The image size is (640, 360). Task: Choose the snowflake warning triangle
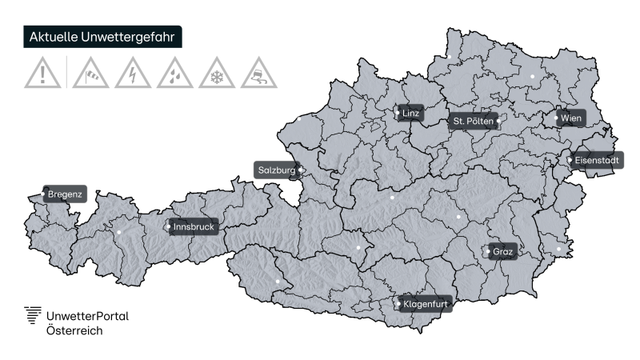[215, 74]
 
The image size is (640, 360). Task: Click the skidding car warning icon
[259, 74]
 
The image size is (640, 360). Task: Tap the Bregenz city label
[64, 194]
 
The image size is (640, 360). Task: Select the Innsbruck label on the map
[193, 227]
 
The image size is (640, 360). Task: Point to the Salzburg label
[277, 170]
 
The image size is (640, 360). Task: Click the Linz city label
[410, 114]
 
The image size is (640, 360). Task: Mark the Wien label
[570, 118]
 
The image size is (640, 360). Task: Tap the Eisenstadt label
[595, 161]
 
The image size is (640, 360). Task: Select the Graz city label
[502, 252]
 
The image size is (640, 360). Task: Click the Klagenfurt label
[424, 304]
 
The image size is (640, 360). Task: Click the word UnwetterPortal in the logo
[87, 315]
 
